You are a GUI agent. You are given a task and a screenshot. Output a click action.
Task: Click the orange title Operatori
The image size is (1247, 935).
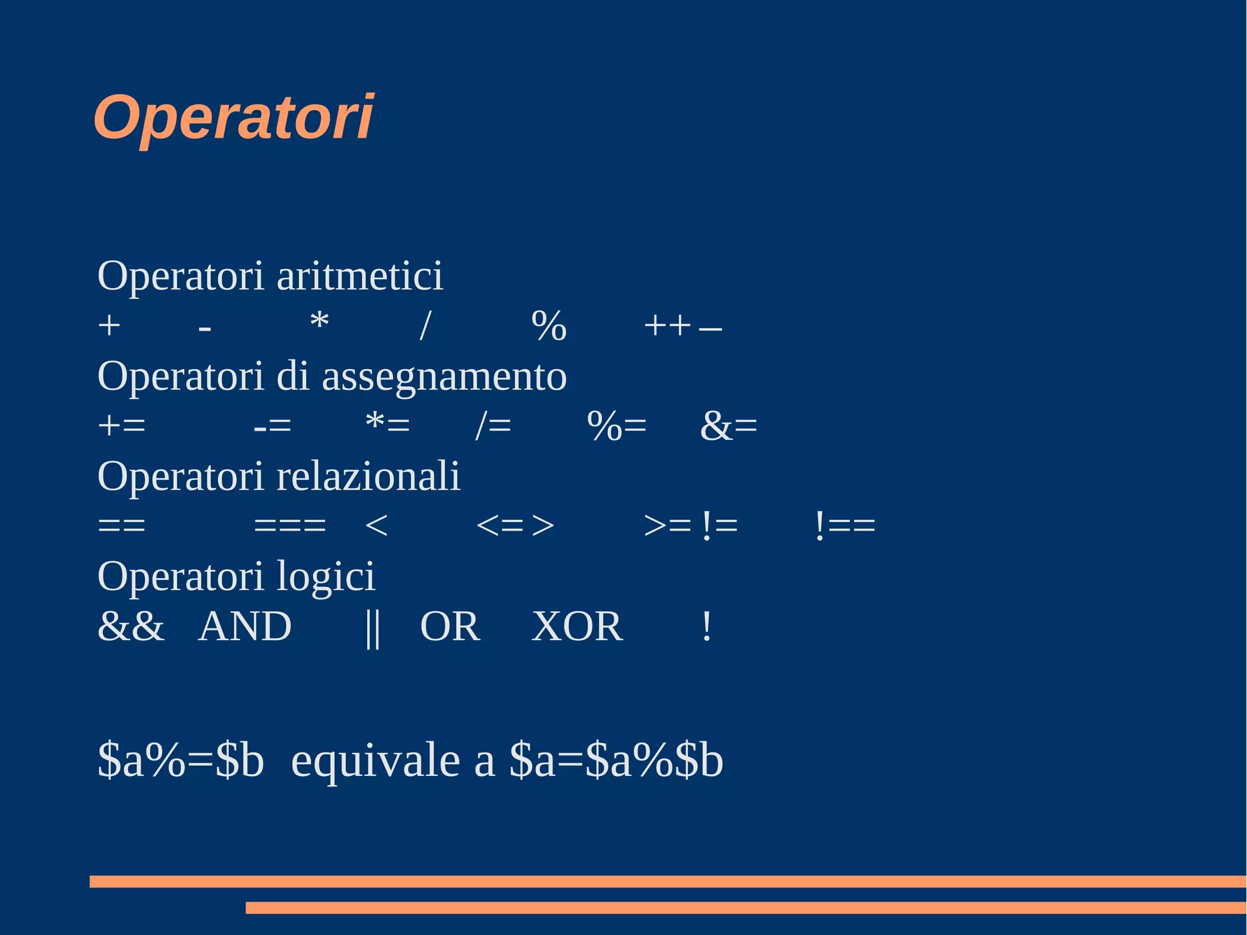click(233, 118)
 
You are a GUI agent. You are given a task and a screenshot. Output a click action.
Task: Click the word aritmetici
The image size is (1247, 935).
click(360, 276)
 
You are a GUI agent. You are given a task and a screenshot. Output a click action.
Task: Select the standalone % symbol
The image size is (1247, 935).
click(549, 326)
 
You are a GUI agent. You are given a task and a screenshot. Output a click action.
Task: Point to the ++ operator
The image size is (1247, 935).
click(667, 326)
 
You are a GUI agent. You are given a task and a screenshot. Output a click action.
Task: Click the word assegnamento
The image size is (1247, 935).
click(444, 376)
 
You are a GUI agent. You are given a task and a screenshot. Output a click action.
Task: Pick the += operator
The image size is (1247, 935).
click(122, 425)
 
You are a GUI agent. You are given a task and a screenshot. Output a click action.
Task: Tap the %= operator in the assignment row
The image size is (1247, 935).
click(616, 425)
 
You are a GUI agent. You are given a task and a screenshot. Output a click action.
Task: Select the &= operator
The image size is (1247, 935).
click(728, 425)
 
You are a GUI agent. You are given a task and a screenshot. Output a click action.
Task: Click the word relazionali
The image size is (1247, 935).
click(368, 476)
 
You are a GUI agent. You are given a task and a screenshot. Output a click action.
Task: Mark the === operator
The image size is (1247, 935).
click(290, 525)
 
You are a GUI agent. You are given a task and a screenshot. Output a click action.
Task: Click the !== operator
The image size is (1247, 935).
click(845, 525)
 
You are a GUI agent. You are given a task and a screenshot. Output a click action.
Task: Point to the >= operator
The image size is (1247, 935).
click(667, 525)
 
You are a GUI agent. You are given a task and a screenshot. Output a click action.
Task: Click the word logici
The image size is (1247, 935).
click(326, 577)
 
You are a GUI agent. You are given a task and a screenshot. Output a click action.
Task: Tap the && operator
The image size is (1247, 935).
click(131, 626)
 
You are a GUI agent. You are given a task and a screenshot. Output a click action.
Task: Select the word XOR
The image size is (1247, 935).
click(577, 626)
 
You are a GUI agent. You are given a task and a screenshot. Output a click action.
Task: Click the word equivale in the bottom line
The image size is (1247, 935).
click(375, 761)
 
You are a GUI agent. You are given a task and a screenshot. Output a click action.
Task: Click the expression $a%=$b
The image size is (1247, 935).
click(181, 761)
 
